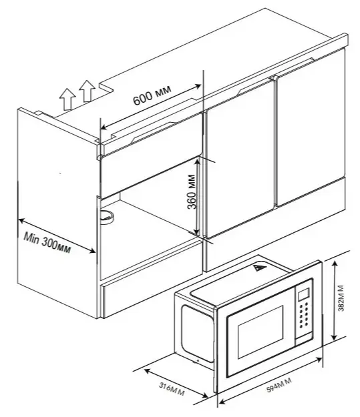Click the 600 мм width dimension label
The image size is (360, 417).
pos(152,95)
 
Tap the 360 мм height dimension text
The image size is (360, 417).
pos(192,191)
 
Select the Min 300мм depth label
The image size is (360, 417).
pos(47,243)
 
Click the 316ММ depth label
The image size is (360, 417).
pos(172,389)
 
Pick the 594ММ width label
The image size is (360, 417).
pos(279,385)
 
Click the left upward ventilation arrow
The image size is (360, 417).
pos(67,99)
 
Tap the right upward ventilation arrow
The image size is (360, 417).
pos(87,91)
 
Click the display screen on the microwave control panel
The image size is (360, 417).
pos(303,294)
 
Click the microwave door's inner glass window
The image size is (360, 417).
pos(260,332)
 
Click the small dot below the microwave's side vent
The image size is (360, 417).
pos(198,361)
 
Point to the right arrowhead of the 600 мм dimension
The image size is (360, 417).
pos(198,86)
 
